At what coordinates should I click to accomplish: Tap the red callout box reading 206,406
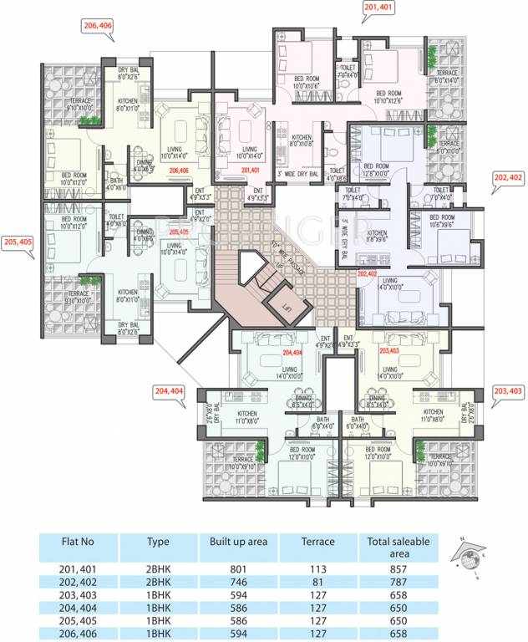(x=98, y=26)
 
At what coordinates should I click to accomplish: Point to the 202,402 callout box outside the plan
(x=509, y=177)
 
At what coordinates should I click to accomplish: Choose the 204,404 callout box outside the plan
(x=170, y=390)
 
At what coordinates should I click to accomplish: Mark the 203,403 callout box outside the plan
(x=509, y=390)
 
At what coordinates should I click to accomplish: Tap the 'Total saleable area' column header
(x=399, y=548)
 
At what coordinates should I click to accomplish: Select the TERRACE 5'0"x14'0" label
(x=446, y=76)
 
